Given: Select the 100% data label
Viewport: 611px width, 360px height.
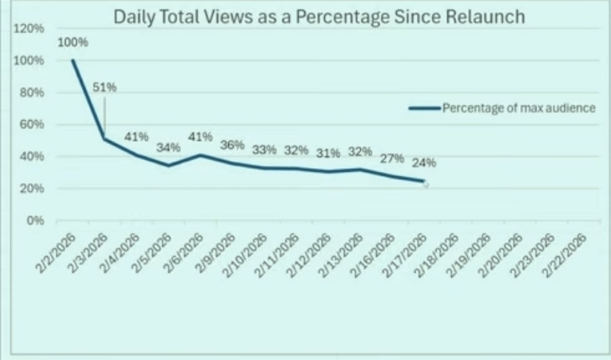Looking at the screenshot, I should [x=73, y=42].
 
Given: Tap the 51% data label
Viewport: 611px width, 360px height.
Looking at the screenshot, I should [x=104, y=88].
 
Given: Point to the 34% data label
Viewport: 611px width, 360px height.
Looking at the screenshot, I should [x=168, y=147].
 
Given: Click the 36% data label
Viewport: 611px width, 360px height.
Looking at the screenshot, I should [x=232, y=145].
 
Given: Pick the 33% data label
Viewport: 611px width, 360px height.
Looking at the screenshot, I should [x=263, y=149].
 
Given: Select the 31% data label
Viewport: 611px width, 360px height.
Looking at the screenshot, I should [x=328, y=153].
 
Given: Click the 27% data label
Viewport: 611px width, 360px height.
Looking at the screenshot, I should [x=392, y=158].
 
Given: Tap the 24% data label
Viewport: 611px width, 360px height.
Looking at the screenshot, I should [x=424, y=163].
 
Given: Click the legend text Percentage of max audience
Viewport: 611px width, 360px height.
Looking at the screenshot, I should [x=519, y=108].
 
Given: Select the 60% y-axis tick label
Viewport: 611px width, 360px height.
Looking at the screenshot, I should [x=32, y=125].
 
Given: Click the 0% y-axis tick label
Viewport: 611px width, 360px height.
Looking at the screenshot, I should [x=35, y=221].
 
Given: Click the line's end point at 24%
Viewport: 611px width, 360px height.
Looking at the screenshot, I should [x=424, y=181].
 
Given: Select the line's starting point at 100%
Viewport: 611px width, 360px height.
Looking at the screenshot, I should [x=73, y=60].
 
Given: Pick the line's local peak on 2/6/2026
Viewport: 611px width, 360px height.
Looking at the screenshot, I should [x=200, y=155].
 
